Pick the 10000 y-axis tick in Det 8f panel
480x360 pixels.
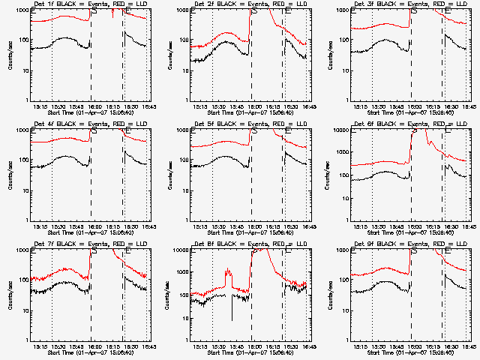tap(198, 250)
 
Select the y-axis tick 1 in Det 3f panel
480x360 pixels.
tap(363, 100)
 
